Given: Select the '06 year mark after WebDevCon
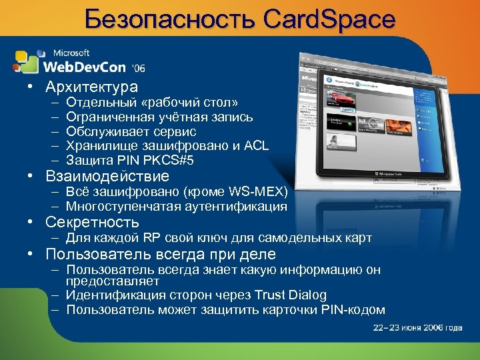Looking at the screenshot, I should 139,68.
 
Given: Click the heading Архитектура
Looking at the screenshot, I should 91,87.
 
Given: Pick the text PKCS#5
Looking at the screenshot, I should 174,160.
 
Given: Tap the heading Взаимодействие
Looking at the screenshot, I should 107,177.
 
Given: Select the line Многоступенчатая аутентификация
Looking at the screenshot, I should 177,207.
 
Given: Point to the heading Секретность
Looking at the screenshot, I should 92,222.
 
